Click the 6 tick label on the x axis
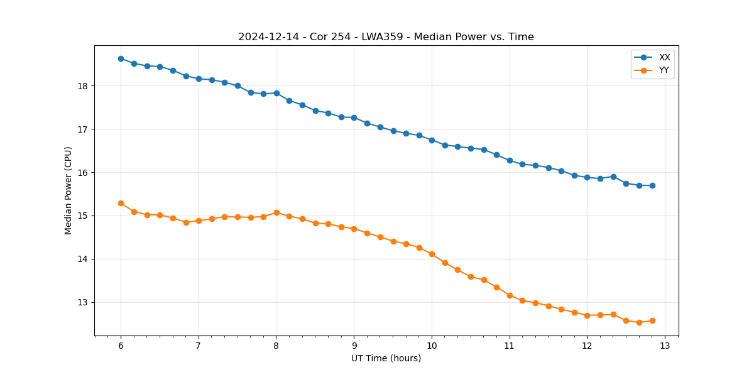point(121,346)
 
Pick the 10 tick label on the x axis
point(432,346)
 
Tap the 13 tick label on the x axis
point(665,346)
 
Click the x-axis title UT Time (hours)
point(386,358)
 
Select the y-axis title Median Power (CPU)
point(68,190)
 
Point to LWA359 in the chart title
point(383,37)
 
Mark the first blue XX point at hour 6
point(121,58)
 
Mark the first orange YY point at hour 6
point(121,203)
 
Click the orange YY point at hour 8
point(276,212)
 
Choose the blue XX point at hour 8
point(276,93)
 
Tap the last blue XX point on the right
point(652,185)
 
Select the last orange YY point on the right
point(652,320)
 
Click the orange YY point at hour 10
point(432,254)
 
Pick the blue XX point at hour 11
point(510,160)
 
